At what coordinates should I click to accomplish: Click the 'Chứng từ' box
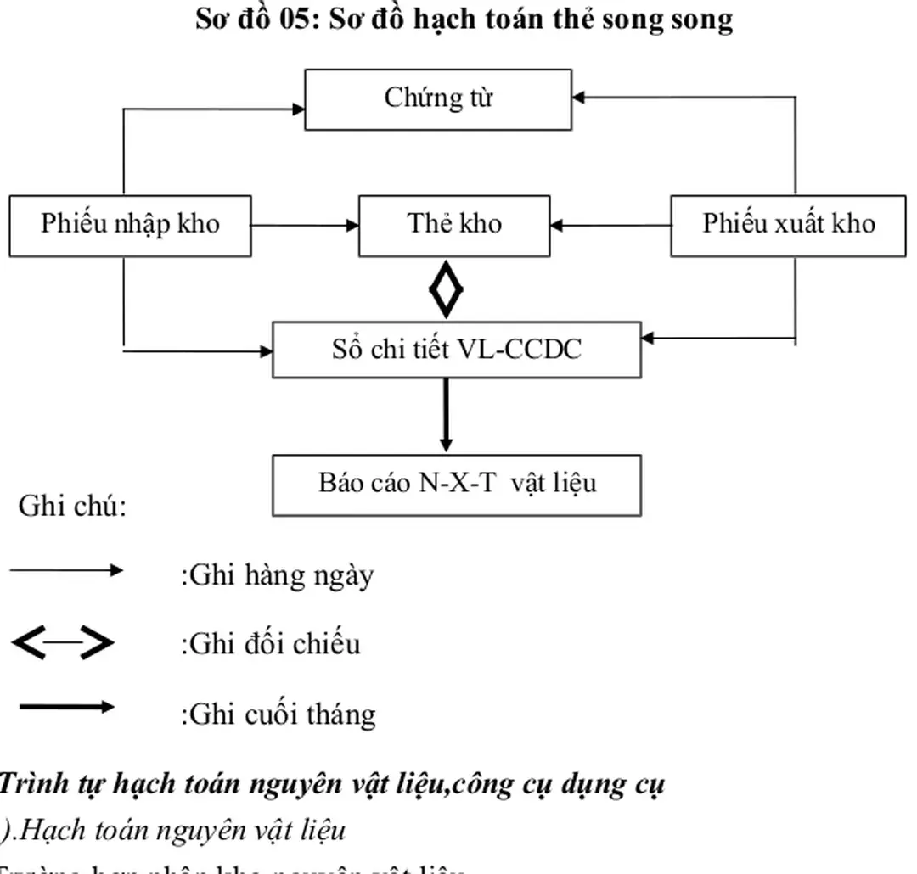[437, 99]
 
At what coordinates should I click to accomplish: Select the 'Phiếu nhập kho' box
[130, 225]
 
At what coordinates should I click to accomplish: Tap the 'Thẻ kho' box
[454, 225]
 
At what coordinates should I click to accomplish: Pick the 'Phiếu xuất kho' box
[787, 225]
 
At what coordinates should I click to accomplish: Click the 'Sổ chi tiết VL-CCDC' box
[456, 350]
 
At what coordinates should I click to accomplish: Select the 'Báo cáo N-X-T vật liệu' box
[456, 484]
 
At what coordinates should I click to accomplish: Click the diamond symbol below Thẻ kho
[446, 289]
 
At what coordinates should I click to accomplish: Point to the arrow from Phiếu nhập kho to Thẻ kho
[305, 226]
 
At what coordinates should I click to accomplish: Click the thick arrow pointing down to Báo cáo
[446, 416]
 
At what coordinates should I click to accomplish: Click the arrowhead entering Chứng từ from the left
[298, 109]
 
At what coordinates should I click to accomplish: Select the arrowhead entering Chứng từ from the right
[579, 97]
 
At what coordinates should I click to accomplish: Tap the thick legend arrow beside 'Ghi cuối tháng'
[66, 707]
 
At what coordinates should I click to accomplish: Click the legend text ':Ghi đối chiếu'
[270, 644]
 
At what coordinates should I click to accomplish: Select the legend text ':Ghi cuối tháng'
[278, 714]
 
